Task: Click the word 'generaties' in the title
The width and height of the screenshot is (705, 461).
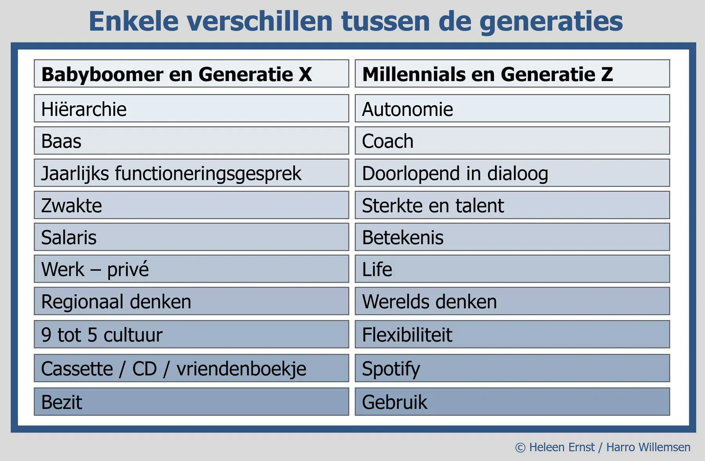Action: click(x=551, y=22)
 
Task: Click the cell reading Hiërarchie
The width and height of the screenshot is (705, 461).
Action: click(x=191, y=108)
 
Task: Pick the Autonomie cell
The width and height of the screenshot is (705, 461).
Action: click(x=512, y=108)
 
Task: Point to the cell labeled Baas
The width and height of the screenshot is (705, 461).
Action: click(x=191, y=141)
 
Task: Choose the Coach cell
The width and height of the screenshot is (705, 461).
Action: click(x=512, y=141)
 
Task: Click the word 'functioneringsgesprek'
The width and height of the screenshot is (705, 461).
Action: click(x=208, y=174)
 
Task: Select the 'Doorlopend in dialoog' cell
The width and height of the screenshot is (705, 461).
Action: click(x=512, y=173)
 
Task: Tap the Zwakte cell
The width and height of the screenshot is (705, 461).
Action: click(x=191, y=205)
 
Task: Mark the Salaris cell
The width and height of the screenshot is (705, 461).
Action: click(x=191, y=237)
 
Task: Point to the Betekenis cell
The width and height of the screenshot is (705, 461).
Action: click(x=512, y=237)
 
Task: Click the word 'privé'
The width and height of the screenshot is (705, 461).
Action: click(x=128, y=269)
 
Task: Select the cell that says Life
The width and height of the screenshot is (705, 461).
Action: click(x=512, y=269)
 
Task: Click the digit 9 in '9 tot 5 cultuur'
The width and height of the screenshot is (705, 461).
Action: click(x=46, y=335)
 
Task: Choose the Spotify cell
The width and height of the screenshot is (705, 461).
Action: click(x=512, y=368)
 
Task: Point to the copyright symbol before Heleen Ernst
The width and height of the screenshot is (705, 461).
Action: click(x=520, y=448)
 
